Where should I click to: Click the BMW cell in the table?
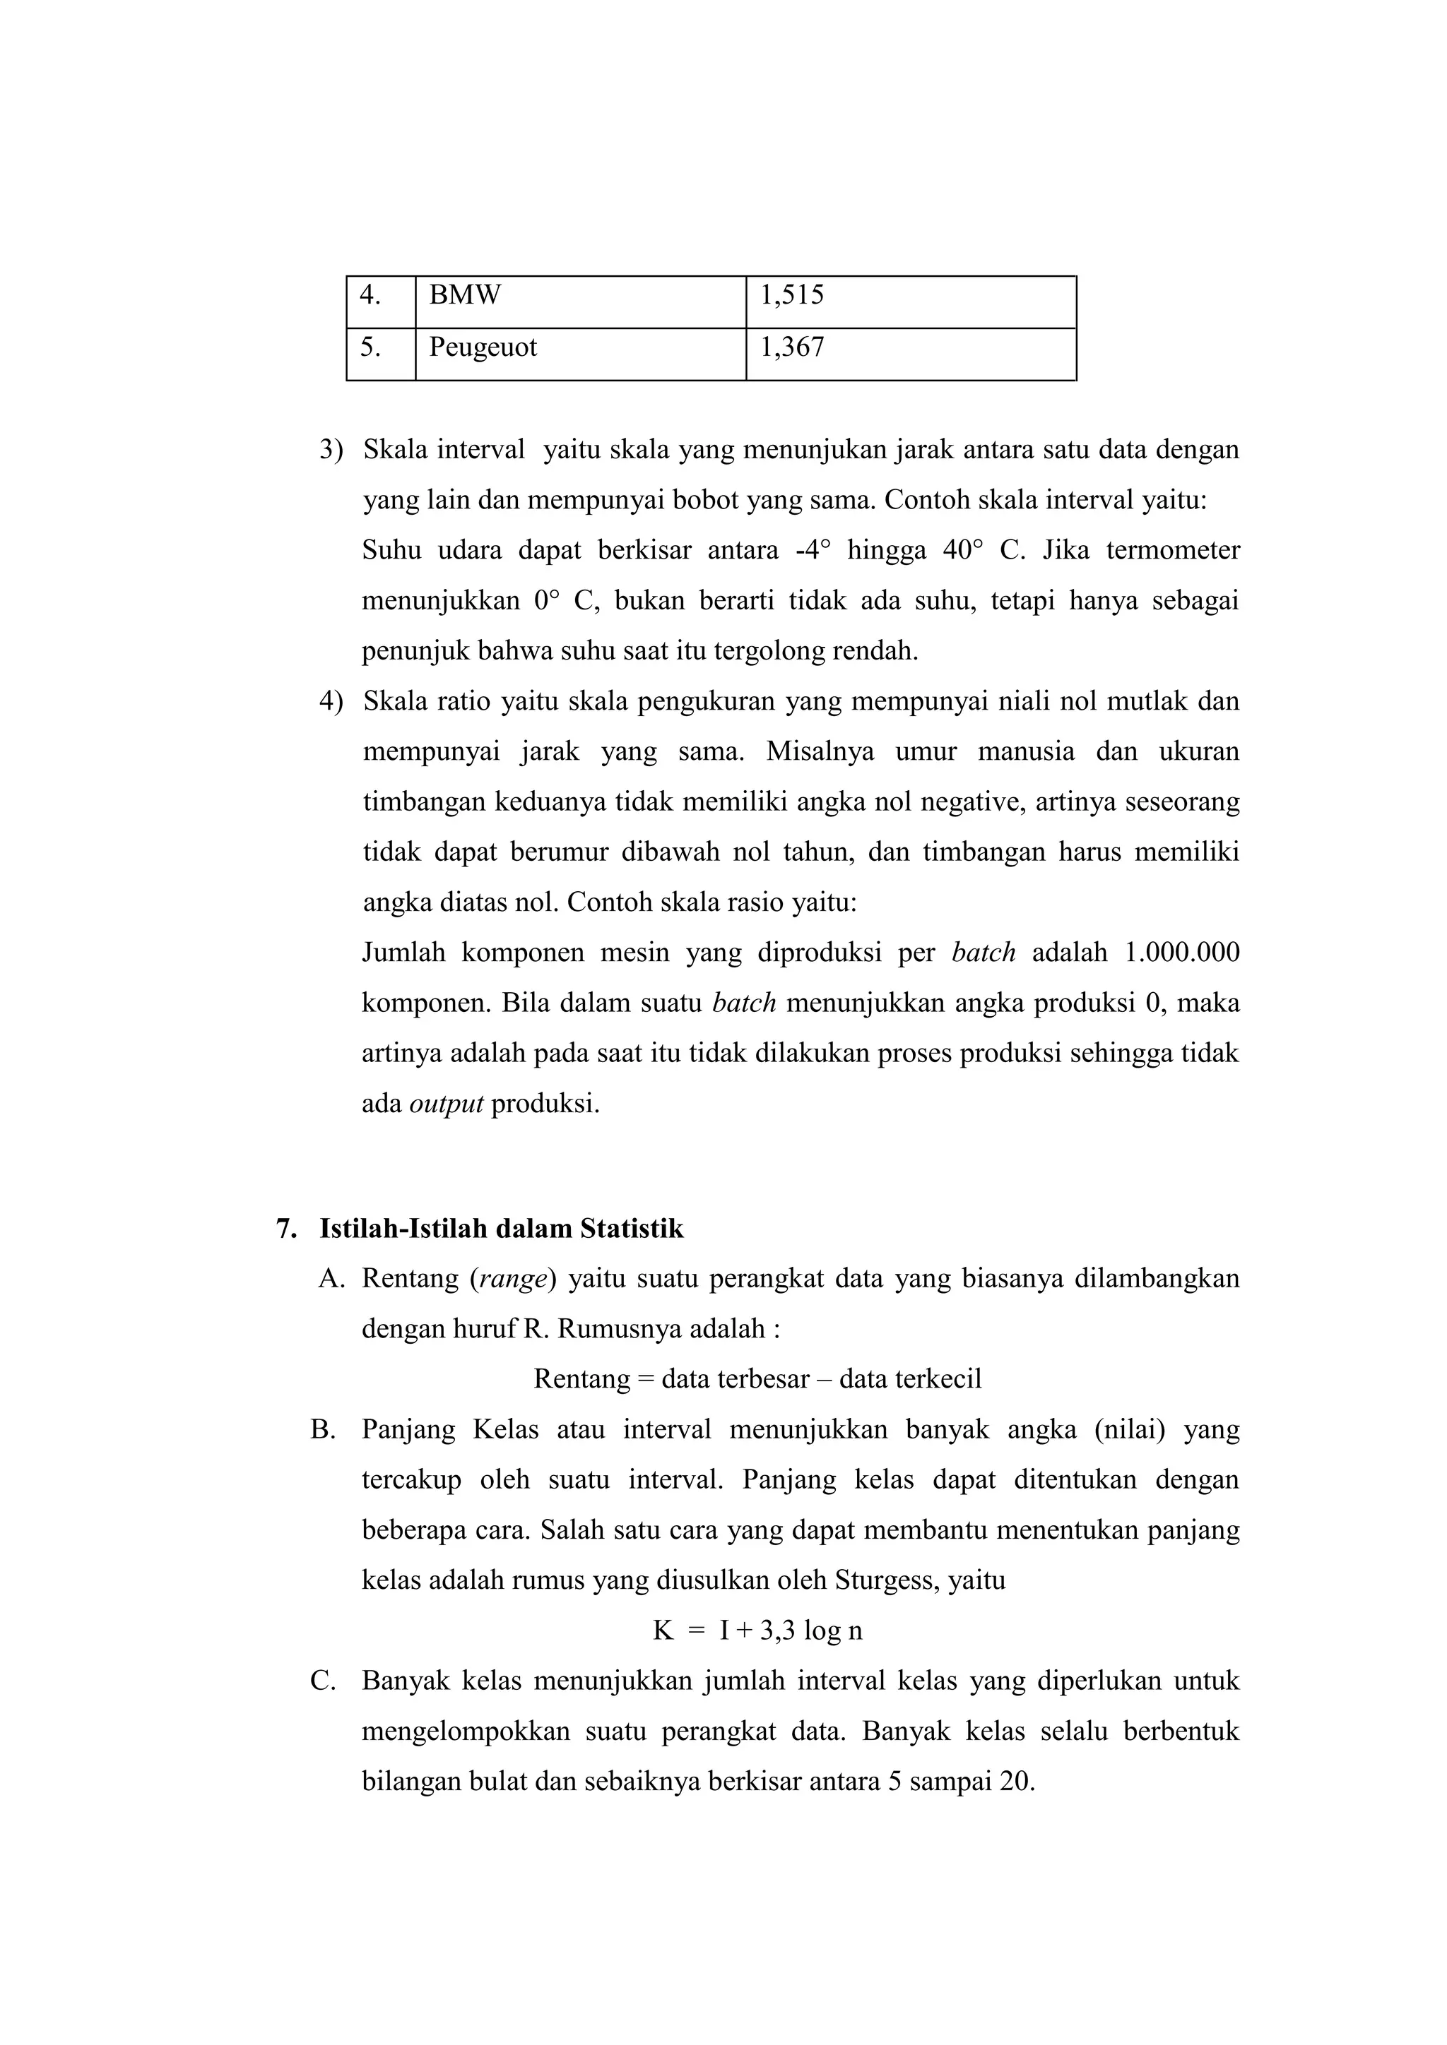click(x=464, y=294)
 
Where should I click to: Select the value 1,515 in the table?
click(x=791, y=294)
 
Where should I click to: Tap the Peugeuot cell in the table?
click(x=483, y=347)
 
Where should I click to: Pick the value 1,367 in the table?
click(x=791, y=347)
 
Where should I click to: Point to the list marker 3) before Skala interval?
click(x=331, y=450)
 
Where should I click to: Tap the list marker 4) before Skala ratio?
click(x=331, y=701)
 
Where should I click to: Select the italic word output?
click(x=446, y=1104)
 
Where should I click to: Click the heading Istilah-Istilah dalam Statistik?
click(x=502, y=1229)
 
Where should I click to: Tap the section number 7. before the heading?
click(x=286, y=1229)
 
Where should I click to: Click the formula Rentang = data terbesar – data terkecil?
click(x=757, y=1379)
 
